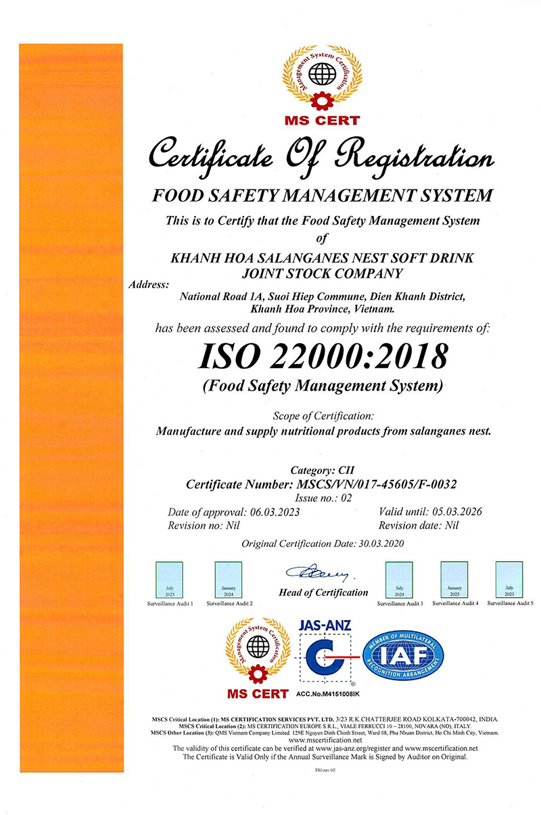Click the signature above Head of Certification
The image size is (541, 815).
(319, 574)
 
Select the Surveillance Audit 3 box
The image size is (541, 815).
(399, 579)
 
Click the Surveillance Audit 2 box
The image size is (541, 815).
(229, 579)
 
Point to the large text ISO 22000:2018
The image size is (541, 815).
(323, 356)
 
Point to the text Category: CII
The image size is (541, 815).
(322, 470)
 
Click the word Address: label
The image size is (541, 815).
(149, 284)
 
